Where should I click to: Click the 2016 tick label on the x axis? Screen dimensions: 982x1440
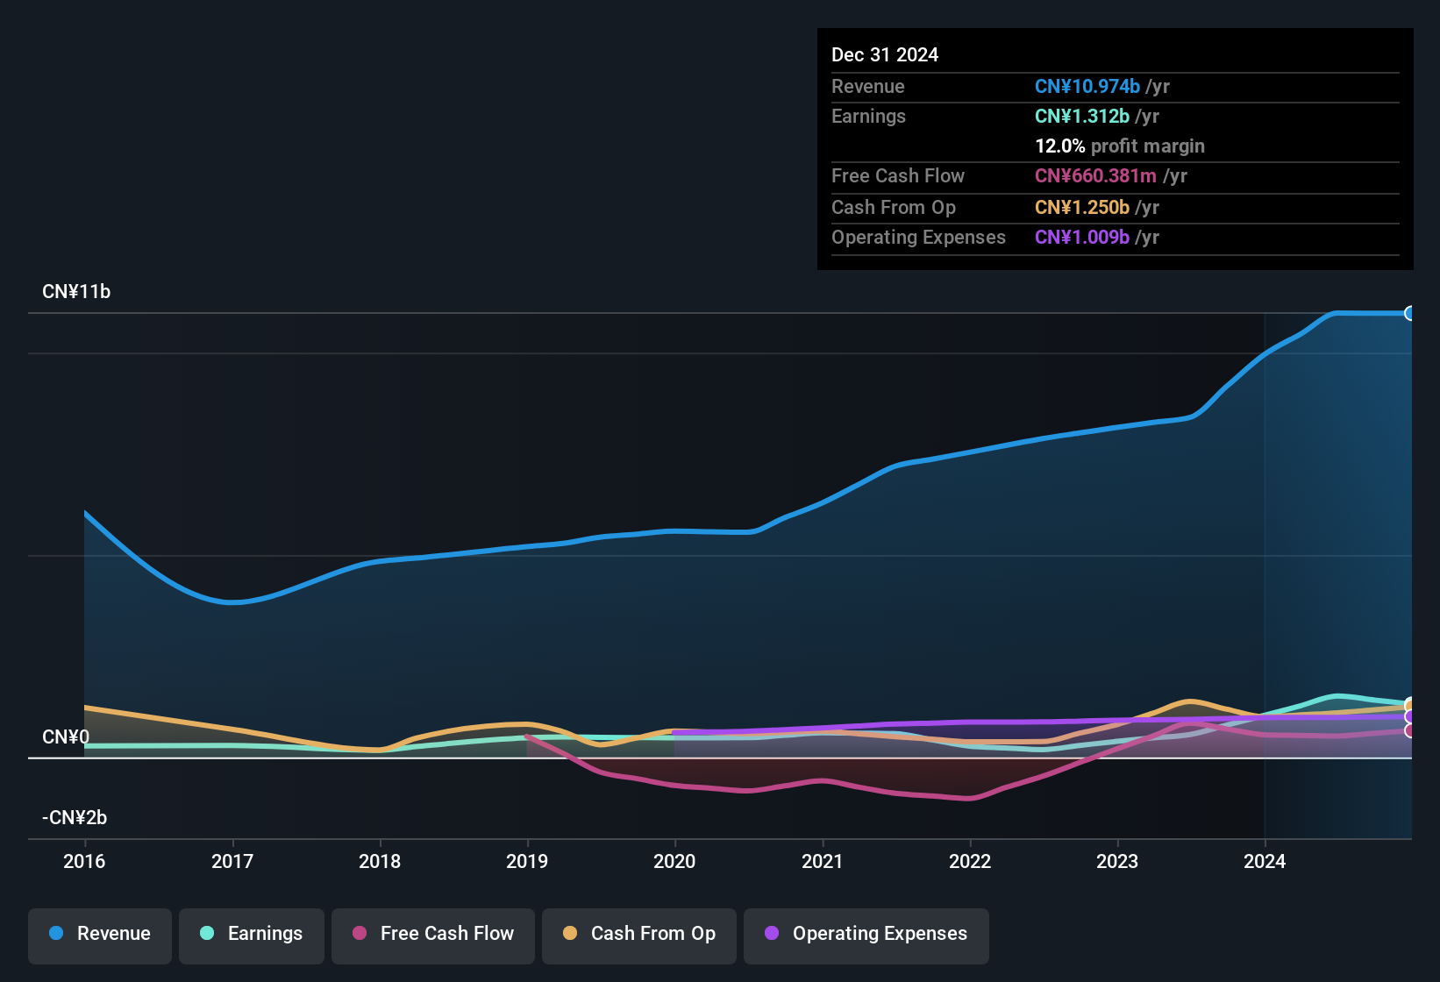[x=84, y=862]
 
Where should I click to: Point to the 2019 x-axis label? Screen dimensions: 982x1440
[x=527, y=862]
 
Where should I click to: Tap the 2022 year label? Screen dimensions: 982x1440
[x=970, y=862]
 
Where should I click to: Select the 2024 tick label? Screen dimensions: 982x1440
[x=1265, y=862]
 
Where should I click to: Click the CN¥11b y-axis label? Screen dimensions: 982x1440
[x=76, y=292]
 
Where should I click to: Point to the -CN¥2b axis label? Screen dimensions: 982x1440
[x=75, y=818]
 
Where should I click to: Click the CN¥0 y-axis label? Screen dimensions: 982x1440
[x=66, y=737]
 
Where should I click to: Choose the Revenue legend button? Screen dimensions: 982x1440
[x=100, y=934]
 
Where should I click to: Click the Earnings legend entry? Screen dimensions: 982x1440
[x=252, y=934]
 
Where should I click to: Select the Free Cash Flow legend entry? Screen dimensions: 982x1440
[x=433, y=934]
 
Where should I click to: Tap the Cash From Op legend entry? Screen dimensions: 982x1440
[x=639, y=934]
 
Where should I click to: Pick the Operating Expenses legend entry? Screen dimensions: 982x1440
[x=866, y=934]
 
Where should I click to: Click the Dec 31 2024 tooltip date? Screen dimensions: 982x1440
[x=885, y=55]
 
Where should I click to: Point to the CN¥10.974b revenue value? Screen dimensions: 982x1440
[x=1087, y=87]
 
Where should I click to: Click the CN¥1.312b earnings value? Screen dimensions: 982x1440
[x=1082, y=117]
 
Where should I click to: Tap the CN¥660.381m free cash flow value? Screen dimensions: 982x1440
[x=1095, y=176]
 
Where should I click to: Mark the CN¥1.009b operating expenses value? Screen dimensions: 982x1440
[x=1082, y=238]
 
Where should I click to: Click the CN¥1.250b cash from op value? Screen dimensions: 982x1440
[x=1082, y=208]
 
